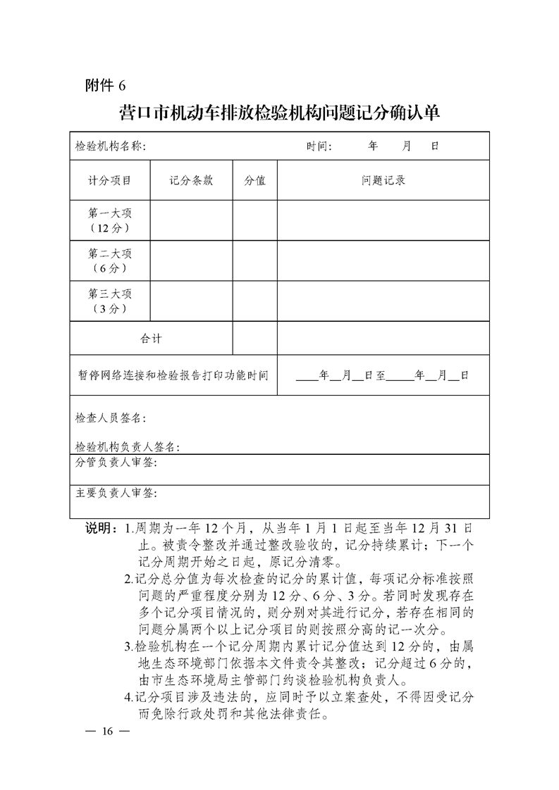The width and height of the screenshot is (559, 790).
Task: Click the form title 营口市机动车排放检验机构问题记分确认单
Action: click(279, 113)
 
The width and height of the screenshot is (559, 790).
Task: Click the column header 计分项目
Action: click(109, 180)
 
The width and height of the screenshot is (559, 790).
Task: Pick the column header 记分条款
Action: click(191, 180)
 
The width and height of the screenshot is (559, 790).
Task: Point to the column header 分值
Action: click(254, 180)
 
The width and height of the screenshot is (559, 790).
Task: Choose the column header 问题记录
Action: click(383, 180)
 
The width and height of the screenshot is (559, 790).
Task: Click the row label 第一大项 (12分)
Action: click(109, 220)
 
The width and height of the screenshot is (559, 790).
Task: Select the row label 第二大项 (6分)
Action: click(109, 261)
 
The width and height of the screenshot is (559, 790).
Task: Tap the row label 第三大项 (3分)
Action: click(109, 301)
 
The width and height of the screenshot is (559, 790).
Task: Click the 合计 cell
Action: click(151, 339)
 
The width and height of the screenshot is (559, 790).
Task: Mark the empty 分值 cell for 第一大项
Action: click(254, 220)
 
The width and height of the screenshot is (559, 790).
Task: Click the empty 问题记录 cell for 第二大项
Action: click(383, 261)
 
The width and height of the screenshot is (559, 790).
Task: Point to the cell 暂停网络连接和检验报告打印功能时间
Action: click(173, 375)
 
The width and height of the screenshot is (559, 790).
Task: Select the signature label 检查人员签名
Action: click(111, 418)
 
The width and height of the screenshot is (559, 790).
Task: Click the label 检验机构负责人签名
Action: click(128, 447)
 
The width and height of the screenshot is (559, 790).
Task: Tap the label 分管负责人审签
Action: click(116, 463)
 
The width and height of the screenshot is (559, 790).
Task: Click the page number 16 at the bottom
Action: click(106, 731)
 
